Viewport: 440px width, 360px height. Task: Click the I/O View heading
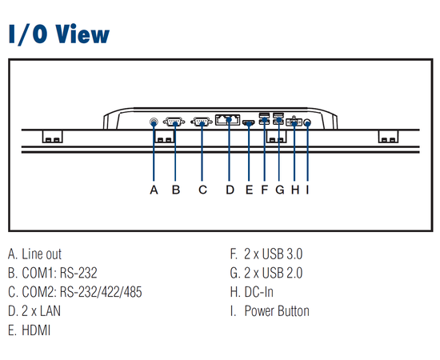(59, 34)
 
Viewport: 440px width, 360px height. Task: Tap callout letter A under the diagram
(154, 190)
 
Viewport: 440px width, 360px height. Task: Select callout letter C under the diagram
(202, 190)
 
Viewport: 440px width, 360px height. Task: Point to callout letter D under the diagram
(230, 190)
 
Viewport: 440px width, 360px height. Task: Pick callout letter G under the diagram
(279, 190)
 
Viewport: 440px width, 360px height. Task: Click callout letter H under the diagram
(295, 190)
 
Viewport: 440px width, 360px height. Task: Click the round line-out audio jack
(154, 122)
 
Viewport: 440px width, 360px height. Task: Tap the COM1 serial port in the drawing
(174, 122)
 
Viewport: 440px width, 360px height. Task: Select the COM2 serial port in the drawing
(202, 122)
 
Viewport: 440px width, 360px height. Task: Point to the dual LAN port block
(227, 120)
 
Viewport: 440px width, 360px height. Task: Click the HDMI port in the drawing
(248, 123)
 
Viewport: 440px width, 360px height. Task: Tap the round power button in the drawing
(307, 123)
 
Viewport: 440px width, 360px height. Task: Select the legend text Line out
(42, 254)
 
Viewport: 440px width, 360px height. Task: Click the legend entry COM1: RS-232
(59, 273)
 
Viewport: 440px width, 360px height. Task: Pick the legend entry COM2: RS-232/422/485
(82, 292)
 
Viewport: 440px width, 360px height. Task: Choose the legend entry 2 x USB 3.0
(273, 254)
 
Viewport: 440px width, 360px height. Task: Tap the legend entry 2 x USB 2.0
(273, 273)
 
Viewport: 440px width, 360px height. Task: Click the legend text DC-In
(258, 292)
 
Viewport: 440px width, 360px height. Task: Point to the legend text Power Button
(277, 311)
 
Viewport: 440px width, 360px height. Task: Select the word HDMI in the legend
(36, 330)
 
